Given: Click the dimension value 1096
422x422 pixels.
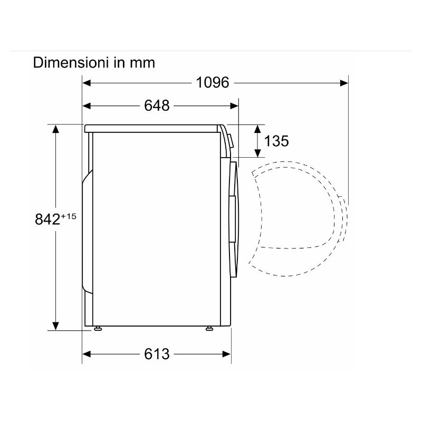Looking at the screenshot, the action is (x=213, y=82).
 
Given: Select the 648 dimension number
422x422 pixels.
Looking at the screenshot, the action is (x=157, y=105).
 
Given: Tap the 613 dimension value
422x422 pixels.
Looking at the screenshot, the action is (x=157, y=354).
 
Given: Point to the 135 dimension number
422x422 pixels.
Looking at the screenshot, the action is (x=276, y=141).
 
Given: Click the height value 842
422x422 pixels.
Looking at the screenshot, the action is (x=47, y=219).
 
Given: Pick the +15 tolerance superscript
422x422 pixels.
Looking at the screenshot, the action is (x=69, y=216).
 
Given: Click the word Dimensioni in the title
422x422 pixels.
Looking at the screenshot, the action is (x=71, y=62).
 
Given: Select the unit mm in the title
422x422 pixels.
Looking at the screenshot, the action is (x=142, y=64).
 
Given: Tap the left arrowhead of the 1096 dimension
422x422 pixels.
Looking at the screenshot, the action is (x=86, y=83).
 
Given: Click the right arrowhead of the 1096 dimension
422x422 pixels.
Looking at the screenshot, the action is (x=344, y=83).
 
